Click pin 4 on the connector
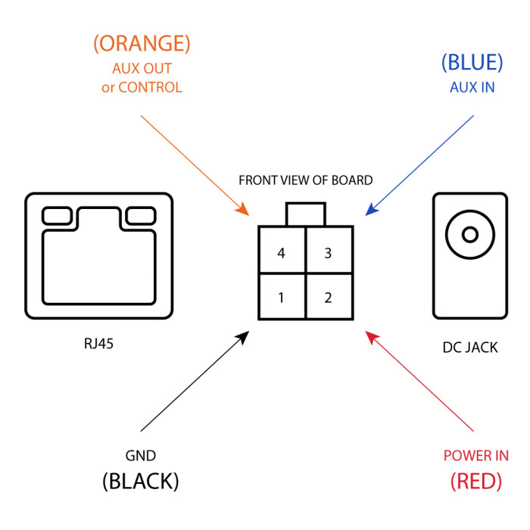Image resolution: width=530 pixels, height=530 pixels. coord(282,253)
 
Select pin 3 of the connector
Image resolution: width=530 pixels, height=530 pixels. coord(329,253)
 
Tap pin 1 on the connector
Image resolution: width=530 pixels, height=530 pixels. coord(282,297)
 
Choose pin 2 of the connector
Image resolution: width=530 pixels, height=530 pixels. coord(329,297)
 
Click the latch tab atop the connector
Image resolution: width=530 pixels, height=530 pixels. coord(305,214)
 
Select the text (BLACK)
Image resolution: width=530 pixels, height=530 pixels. coord(141,481)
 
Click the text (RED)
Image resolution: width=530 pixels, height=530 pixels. coord(475,481)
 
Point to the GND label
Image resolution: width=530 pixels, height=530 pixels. coord(141,456)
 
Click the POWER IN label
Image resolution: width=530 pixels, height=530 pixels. coord(475,456)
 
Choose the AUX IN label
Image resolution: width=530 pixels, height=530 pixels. coord(472,87)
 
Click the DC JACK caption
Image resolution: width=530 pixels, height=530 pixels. coord(469,348)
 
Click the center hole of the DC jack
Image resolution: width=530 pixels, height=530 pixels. coord(469,235)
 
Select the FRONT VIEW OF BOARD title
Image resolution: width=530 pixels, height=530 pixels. coord(305,180)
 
